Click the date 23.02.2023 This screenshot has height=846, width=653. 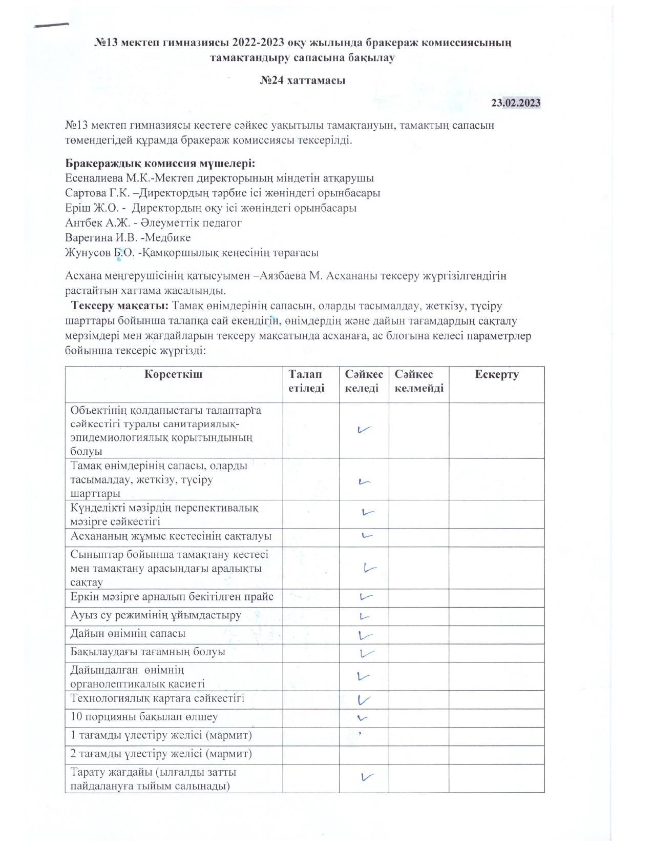pyautogui.click(x=516, y=103)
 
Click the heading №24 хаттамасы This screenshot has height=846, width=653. pyautogui.click(x=302, y=80)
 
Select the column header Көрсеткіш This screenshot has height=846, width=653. pyautogui.click(x=174, y=374)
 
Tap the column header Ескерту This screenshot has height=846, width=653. pyautogui.click(x=496, y=374)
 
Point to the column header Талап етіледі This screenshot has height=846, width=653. pyautogui.click(x=306, y=381)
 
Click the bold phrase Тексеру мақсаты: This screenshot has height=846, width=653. pyautogui.click(x=120, y=306)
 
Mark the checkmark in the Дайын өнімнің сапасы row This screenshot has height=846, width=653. pyautogui.click(x=365, y=635)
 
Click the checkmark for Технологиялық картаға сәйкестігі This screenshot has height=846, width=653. pyautogui.click(x=364, y=699)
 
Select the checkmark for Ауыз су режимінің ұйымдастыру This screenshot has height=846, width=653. pyautogui.click(x=364, y=616)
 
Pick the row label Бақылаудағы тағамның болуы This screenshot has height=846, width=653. pyautogui.click(x=148, y=652)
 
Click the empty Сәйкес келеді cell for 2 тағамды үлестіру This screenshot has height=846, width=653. pyautogui.click(x=364, y=754)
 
